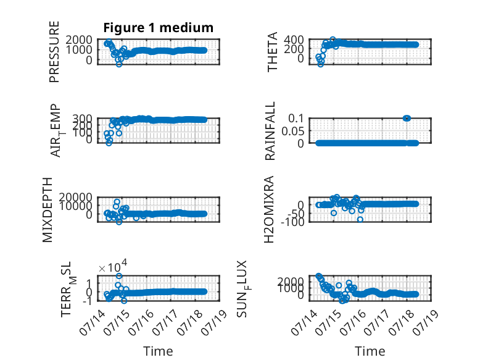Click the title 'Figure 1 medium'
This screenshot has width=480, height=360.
pos(159,28)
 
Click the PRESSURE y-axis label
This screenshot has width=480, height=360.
pos(54,52)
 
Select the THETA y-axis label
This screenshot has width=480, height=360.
pos(272,52)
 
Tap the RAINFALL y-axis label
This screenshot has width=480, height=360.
pos(270,131)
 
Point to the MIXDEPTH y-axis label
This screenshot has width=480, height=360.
pos(48,210)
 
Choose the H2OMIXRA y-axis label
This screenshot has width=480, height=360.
pos(269,210)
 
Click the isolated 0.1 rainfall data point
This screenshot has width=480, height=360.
pos(407,119)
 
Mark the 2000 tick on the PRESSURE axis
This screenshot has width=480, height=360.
pos(79,40)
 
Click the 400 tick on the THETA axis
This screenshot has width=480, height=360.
pos(294,40)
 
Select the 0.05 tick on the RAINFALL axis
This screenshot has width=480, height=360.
pos(293,131)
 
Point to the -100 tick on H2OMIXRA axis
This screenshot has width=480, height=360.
pos(292,222)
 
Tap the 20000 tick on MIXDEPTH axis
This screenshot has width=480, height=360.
pos(76,197)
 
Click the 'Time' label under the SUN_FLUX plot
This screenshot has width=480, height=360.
pos(370,351)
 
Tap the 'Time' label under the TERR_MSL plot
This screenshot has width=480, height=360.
pos(158,351)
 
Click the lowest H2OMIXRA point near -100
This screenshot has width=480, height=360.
pos(360,219)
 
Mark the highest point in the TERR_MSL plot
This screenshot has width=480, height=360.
pos(119,276)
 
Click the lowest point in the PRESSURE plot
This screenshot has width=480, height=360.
pos(119,64)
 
